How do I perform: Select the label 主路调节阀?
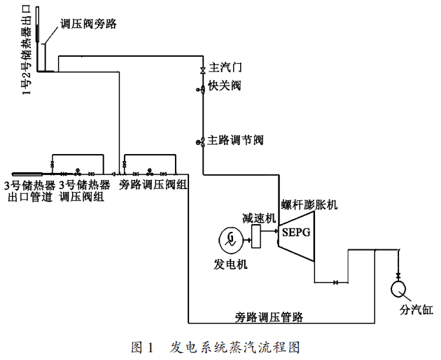(x=235, y=140)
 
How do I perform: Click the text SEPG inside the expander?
(x=296, y=231)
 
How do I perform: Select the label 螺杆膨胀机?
(x=309, y=205)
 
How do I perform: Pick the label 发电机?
(x=230, y=265)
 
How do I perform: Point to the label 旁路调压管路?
(x=269, y=317)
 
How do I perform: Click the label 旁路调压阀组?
(x=153, y=185)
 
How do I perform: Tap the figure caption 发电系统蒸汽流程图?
(x=235, y=347)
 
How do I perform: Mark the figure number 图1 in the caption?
(x=142, y=347)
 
